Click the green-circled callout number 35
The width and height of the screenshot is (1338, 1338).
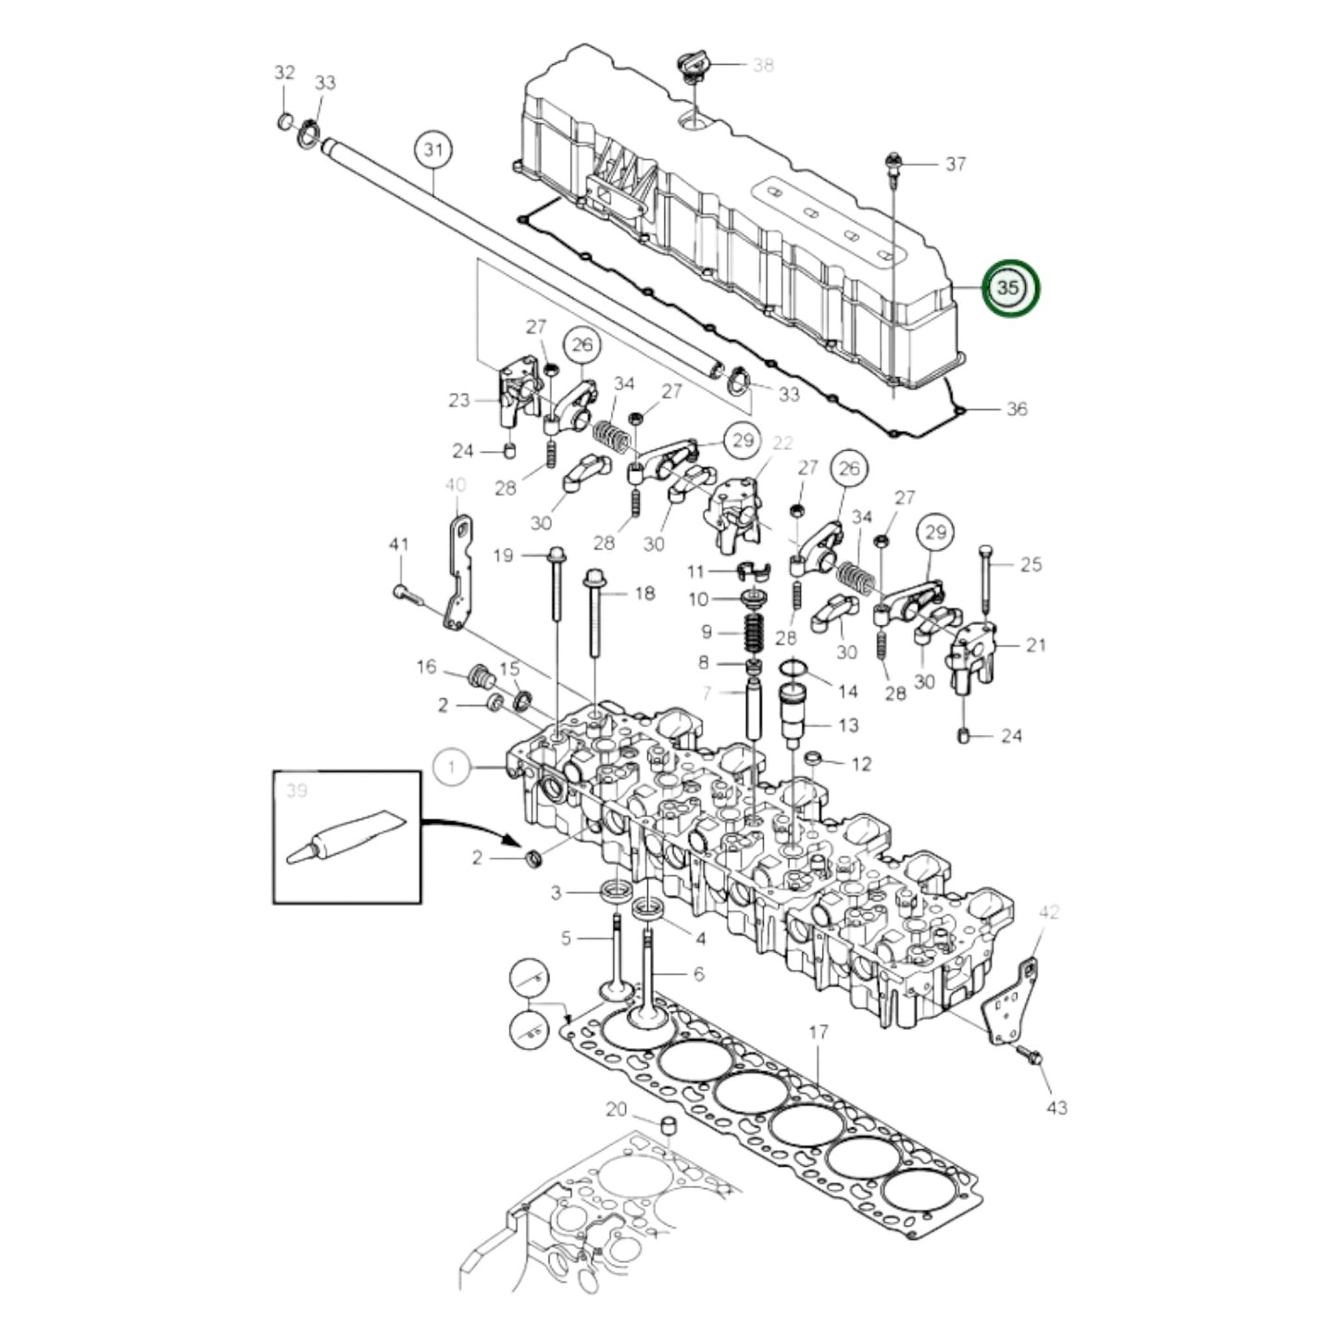pos(1010,288)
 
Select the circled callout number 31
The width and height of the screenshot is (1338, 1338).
pos(433,149)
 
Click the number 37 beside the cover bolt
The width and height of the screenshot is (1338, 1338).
pos(956,164)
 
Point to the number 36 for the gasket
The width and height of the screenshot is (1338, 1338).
pos(1016,408)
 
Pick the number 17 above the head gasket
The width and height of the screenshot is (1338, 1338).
pos(818,1032)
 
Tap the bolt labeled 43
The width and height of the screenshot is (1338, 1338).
pos(1032,1057)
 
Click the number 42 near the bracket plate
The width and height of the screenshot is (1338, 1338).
pos(1048,912)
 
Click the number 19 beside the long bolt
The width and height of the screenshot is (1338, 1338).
pos(503,556)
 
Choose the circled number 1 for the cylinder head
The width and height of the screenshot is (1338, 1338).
pos(452,767)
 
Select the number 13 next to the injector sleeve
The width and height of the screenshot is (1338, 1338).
pos(848,725)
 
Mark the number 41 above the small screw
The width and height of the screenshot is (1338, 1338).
pos(398,545)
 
